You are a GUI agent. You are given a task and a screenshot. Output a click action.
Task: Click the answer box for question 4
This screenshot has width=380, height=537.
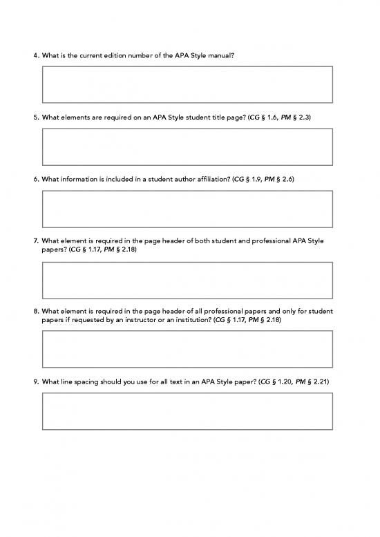pos(187,84)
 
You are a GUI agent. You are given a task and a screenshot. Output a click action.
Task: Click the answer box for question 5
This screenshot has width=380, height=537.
pos(187,147)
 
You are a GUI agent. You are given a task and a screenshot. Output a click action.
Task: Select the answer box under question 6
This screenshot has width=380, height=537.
pos(187,209)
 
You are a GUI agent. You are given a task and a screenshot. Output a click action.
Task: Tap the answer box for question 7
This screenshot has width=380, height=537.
pos(187,280)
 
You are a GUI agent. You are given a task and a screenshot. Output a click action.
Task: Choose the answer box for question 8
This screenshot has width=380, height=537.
pos(187,349)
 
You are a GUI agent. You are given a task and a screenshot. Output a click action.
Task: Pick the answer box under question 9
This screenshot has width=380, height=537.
pos(187,411)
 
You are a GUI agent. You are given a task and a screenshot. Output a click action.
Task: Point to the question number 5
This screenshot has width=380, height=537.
pos(35,117)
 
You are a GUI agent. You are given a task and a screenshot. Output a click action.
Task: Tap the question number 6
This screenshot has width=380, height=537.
pos(35,180)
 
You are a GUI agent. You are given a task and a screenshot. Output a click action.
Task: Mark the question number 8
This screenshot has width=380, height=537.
pos(35,311)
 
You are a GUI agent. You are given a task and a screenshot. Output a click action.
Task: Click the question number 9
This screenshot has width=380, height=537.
pos(35,381)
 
